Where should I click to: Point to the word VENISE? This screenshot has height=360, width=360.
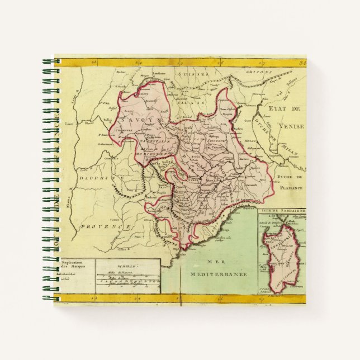click(291, 126)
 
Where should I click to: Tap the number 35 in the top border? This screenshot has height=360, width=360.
click(301, 62)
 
